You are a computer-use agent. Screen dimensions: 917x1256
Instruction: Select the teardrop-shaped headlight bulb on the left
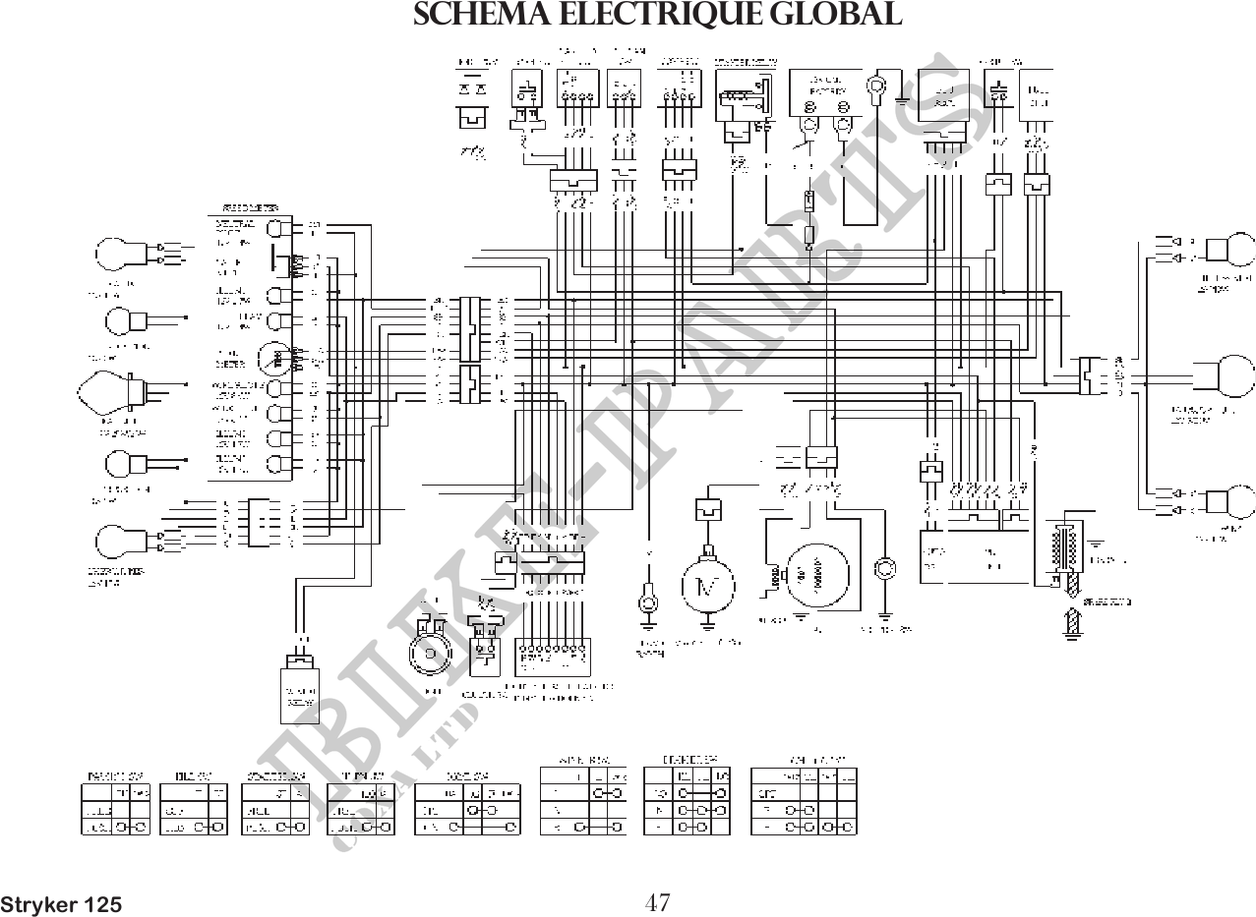(x=104, y=392)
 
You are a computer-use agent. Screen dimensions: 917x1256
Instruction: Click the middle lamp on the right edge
(x=1236, y=377)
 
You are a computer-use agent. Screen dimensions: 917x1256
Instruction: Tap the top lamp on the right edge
(x=1236, y=249)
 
